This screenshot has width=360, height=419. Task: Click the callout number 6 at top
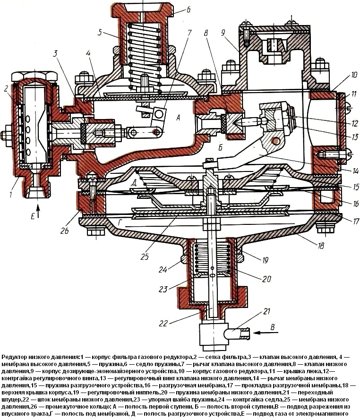pos(188,9)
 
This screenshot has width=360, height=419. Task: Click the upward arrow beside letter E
pos(39,213)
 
